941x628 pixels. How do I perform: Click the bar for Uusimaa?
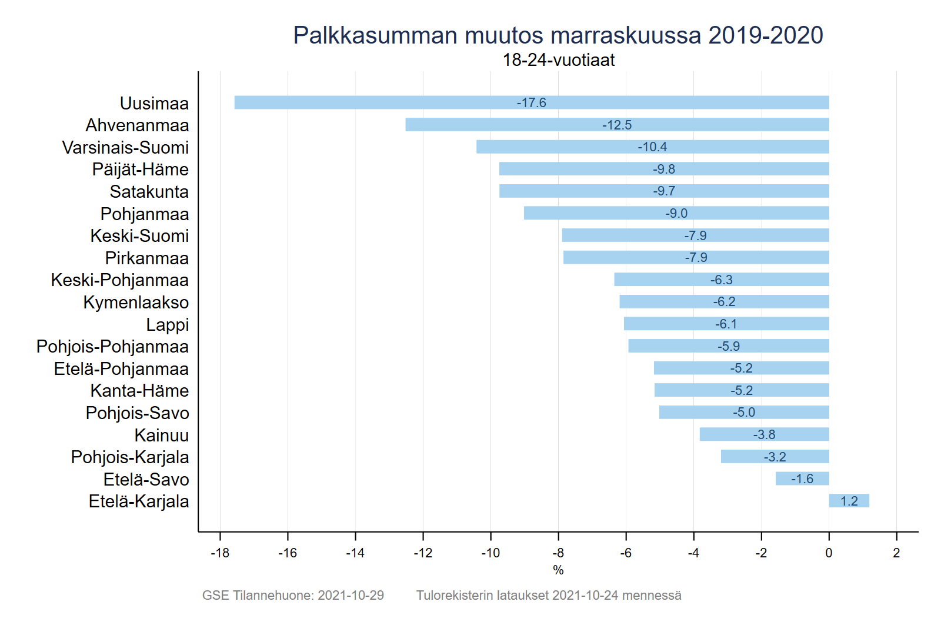412,102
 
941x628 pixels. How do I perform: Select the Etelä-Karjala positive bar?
849,501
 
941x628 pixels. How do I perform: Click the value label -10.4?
652,147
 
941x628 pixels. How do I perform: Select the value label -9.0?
676,214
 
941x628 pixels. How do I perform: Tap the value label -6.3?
722,280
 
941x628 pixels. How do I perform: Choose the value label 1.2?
849,501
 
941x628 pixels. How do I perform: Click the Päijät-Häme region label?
141,170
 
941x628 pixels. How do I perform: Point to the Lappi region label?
168,325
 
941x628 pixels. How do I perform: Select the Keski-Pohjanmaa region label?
120,280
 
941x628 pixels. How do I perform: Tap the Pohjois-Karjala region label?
130,457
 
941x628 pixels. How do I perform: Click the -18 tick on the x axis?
220,553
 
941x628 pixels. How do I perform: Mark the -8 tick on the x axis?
558,553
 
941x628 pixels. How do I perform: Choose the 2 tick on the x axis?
896,553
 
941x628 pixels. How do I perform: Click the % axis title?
558,570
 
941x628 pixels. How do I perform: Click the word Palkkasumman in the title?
375,35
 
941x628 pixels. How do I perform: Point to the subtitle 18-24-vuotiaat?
558,60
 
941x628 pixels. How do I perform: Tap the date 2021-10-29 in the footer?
351,596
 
